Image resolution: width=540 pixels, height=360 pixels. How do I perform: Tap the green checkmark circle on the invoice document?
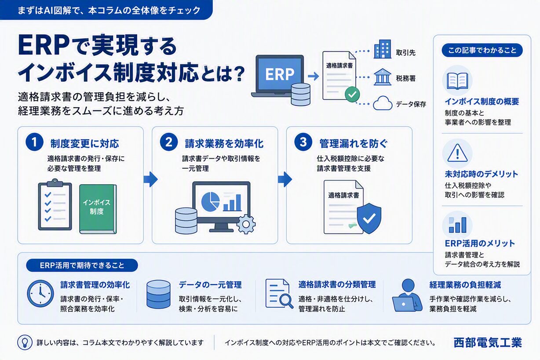click(352, 94)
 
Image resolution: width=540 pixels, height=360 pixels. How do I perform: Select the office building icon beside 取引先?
click(382, 49)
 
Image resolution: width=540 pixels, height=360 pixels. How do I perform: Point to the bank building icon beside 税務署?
click(382, 77)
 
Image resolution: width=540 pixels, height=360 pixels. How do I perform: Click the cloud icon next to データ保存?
click(383, 103)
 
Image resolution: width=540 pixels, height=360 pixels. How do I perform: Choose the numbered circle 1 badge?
click(34, 142)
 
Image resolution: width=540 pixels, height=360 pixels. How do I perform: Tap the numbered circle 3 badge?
click(303, 142)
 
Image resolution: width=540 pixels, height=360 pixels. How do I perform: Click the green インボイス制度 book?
click(98, 209)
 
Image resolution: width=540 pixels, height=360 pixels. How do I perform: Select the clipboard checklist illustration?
click(55, 204)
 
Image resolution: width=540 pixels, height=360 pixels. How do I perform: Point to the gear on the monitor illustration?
click(246, 224)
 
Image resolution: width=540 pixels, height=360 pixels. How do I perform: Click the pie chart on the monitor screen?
click(210, 202)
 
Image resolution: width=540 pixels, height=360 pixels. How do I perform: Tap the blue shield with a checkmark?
click(369, 218)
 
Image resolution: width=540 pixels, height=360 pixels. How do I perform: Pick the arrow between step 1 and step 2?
click(151, 179)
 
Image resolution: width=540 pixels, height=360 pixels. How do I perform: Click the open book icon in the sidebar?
click(457, 81)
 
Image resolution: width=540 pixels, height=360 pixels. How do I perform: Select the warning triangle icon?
click(457, 153)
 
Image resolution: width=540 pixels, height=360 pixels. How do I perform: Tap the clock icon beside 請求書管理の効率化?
click(40, 294)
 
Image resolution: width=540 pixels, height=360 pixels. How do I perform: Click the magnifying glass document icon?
click(279, 294)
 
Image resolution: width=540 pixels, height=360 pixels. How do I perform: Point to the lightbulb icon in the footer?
click(25, 342)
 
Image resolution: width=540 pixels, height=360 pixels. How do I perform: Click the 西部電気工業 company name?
click(487, 342)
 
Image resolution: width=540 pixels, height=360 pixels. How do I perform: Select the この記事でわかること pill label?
click(482, 51)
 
